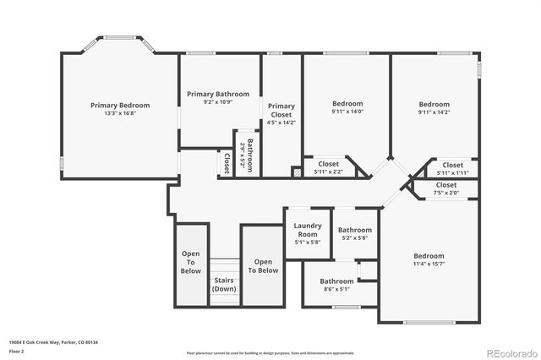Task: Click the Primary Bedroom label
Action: pyautogui.click(x=120, y=106)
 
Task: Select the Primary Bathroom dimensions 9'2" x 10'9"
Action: pyautogui.click(x=218, y=103)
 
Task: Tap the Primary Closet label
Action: pyautogui.click(x=281, y=112)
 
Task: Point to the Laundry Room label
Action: pyautogui.click(x=308, y=229)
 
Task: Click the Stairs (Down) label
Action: pyautogui.click(x=224, y=284)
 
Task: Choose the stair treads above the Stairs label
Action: pyautogui.click(x=224, y=265)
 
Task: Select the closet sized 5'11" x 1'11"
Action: pyautogui.click(x=452, y=169)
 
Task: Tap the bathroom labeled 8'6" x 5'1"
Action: pyautogui.click(x=336, y=285)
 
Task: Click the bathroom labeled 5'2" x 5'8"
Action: pyautogui.click(x=355, y=234)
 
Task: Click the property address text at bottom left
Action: pyautogui.click(x=54, y=342)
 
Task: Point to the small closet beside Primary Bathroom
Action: pyautogui.click(x=227, y=161)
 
